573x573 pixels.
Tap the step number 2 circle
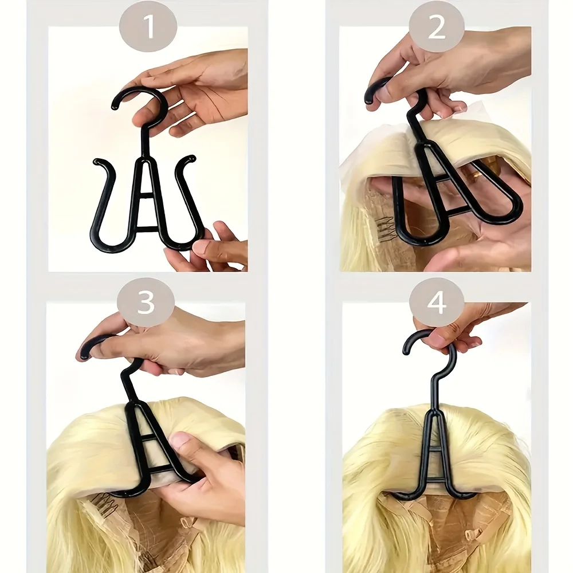pos(437,26)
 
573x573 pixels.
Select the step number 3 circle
pos(146,303)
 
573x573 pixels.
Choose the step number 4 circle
pos(437,303)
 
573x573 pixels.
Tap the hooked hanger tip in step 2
pos(372,92)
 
